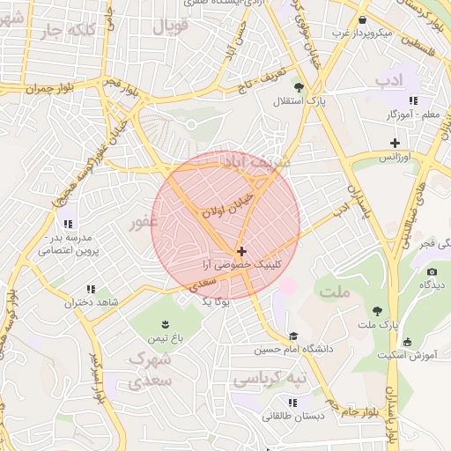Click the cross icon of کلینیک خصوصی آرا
click(241, 251)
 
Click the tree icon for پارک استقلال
click(299, 87)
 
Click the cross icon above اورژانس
click(396, 143)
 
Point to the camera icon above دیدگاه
click(432, 271)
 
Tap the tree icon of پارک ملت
click(378, 310)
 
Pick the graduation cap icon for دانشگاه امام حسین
click(292, 336)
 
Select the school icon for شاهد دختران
click(90, 289)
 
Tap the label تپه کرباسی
click(270, 379)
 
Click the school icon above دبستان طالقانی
click(267, 402)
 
